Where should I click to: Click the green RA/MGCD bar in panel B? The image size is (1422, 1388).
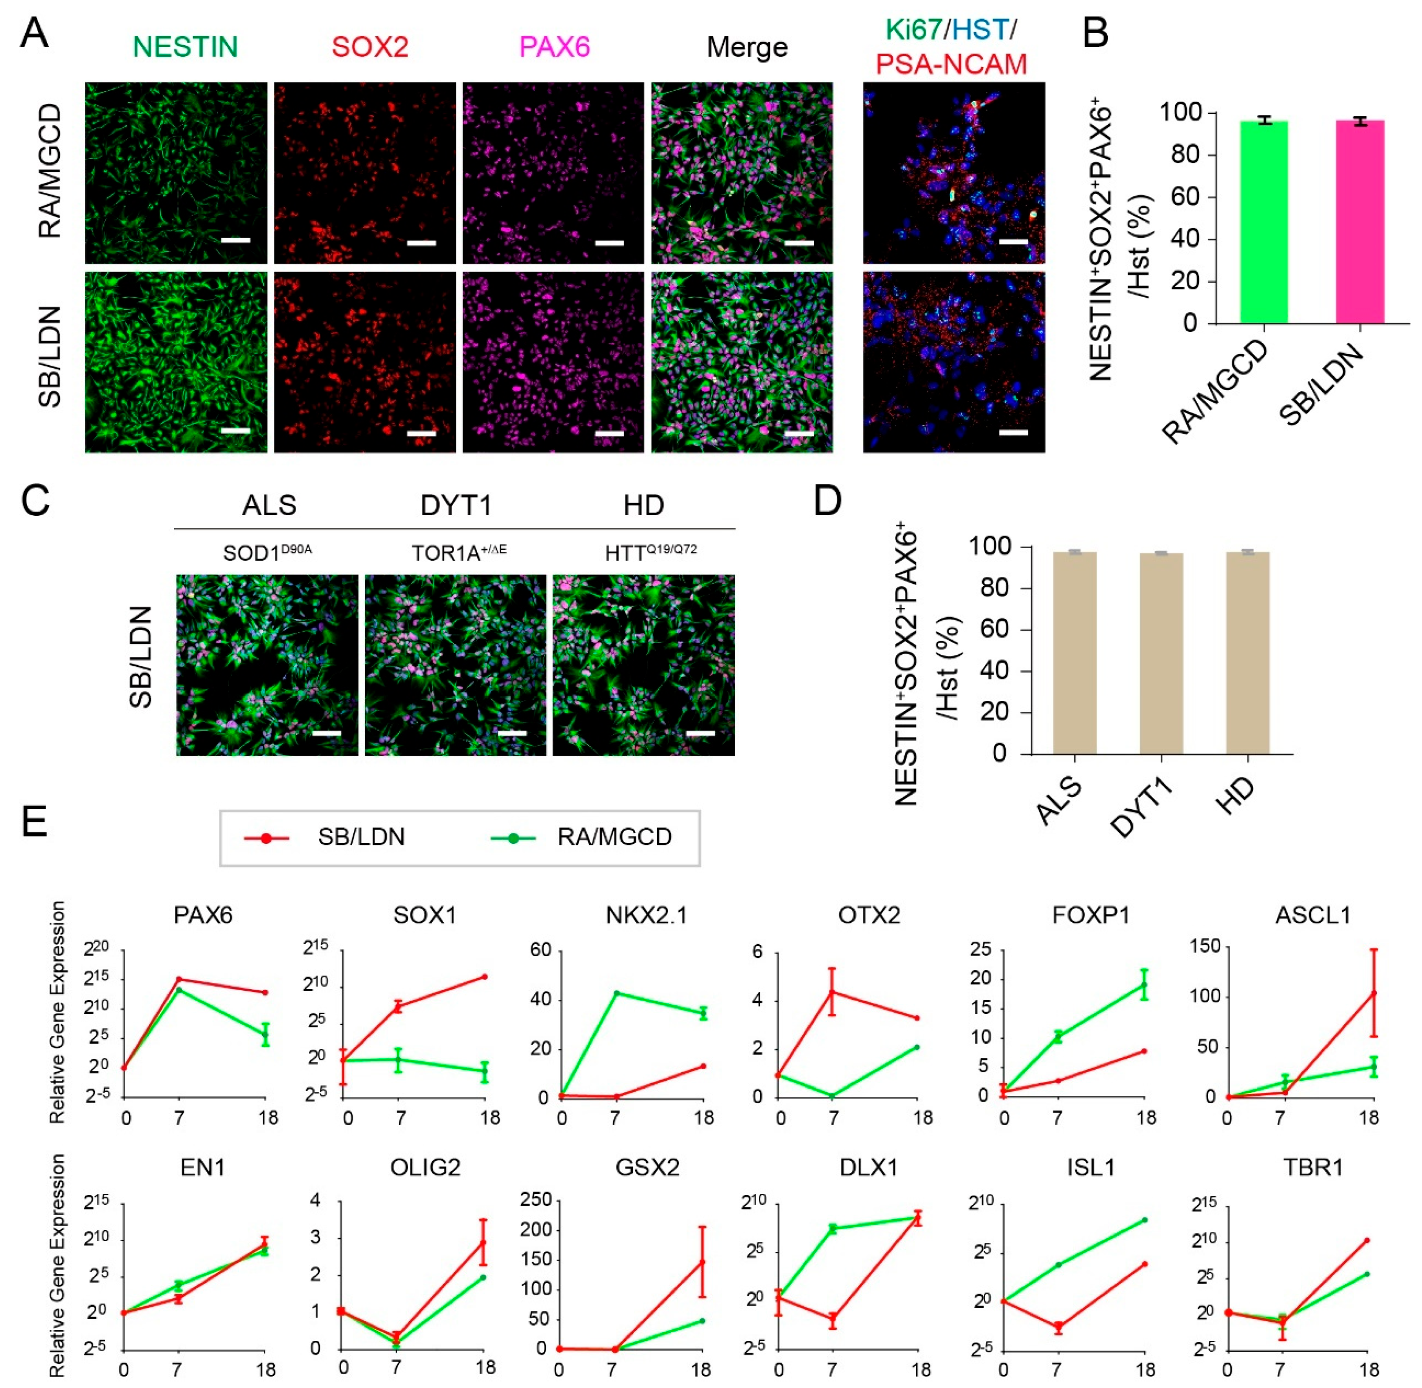point(1263,222)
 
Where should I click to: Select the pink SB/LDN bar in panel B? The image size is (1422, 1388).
point(1359,222)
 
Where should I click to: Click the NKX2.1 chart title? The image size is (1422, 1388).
point(646,915)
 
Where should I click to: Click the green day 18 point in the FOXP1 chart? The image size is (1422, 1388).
point(1144,985)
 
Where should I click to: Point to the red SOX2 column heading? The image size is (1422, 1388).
point(370,47)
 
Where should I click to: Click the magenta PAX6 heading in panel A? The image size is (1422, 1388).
point(554,47)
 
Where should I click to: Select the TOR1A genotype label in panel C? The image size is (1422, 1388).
point(459,553)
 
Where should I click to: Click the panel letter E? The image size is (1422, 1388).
point(34,821)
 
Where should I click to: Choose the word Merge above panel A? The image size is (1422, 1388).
point(747,47)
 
